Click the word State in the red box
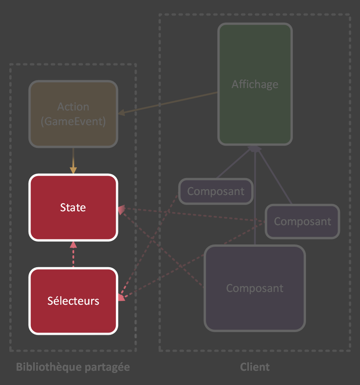click(73, 208)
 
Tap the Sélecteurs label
click(73, 301)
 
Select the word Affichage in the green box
click(255, 84)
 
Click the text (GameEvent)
click(73, 121)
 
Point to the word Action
click(73, 107)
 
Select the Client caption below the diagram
click(255, 367)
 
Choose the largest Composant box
click(255, 288)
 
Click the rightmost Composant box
click(302, 221)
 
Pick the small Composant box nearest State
click(216, 191)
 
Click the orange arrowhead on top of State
click(73, 170)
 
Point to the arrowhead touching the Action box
click(122, 113)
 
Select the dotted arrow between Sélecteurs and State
click(73, 255)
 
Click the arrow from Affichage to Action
click(170, 103)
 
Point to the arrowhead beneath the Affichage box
click(255, 149)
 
